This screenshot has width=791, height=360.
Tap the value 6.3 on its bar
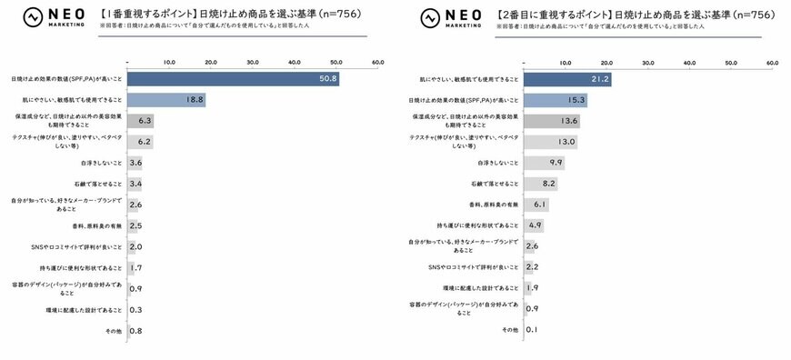click(144, 121)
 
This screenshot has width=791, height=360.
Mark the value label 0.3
click(135, 309)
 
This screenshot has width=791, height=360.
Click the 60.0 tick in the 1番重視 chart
click(377, 63)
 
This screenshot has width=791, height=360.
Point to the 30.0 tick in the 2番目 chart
click(647, 63)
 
